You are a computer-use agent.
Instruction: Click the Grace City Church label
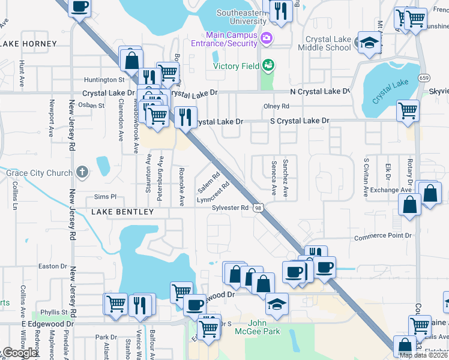coord(39,173)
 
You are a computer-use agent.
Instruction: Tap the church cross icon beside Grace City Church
coord(83,173)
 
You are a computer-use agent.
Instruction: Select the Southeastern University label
coord(241,17)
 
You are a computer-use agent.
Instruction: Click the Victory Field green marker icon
coord(268,65)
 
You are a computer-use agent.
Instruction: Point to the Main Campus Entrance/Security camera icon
coord(267,39)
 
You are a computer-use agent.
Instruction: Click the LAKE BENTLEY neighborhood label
coord(122,212)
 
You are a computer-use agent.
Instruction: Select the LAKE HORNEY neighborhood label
coord(28,44)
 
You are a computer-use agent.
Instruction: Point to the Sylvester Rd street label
coord(230,208)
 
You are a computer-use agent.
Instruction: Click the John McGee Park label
coord(265,327)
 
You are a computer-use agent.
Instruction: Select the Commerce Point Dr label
coord(383,236)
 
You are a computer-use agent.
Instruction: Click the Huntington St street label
coord(104,79)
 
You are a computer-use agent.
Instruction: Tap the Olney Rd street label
coord(276,106)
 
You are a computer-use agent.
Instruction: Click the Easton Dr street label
coord(52,266)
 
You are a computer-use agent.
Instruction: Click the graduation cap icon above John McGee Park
coord(277,304)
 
